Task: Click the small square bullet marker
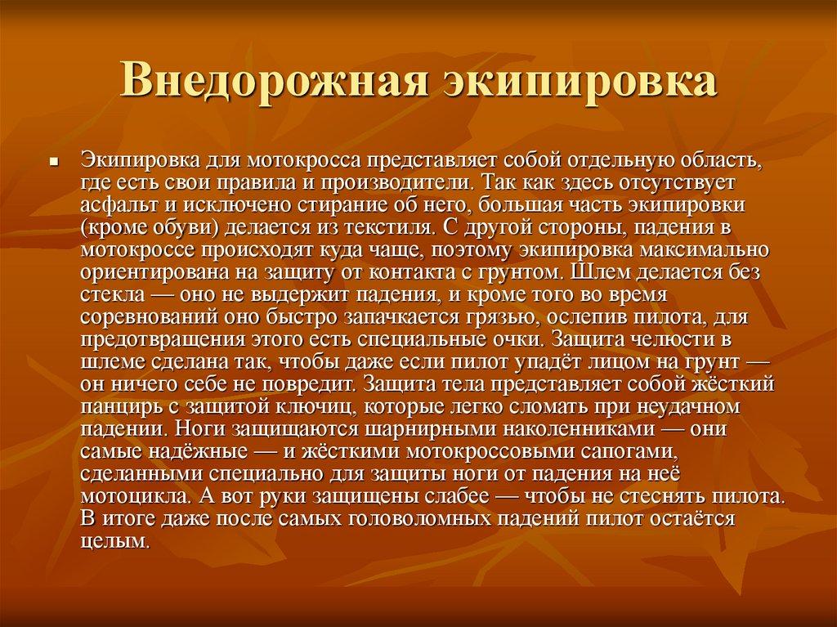point(53,161)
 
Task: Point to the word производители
point(396,183)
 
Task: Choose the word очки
point(518,341)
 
